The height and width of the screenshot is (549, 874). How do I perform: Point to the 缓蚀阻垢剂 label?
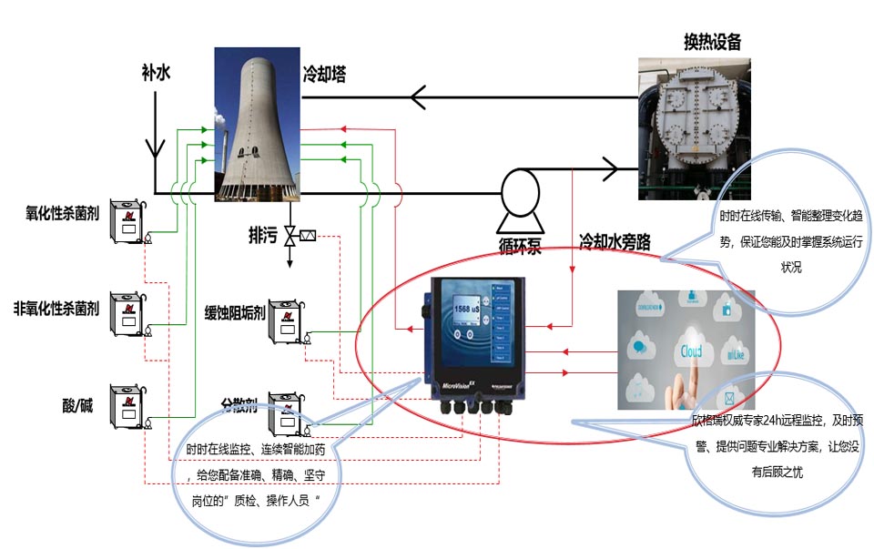pyautogui.click(x=235, y=312)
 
